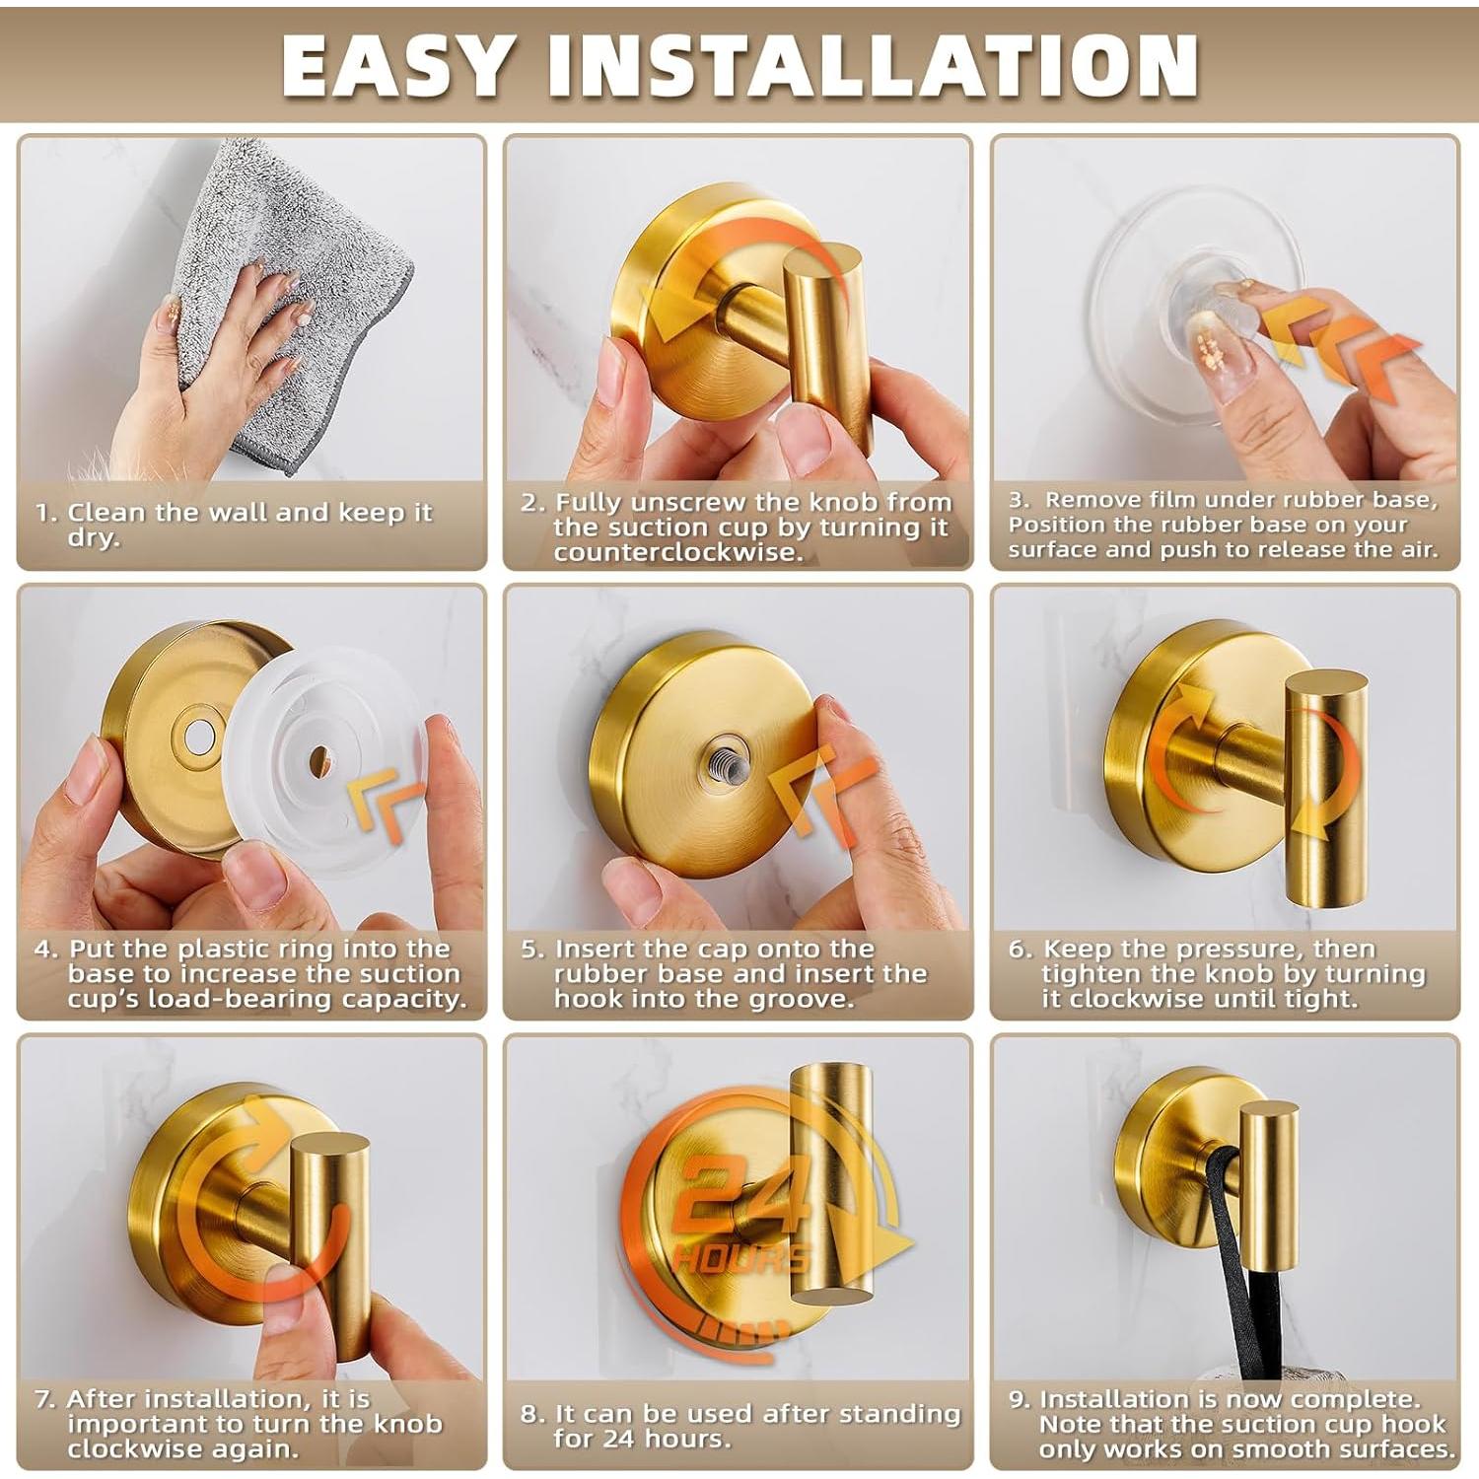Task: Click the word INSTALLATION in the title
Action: (873, 65)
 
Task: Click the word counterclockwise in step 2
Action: (678, 552)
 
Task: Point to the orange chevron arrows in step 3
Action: (1341, 350)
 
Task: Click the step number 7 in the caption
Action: (44, 1399)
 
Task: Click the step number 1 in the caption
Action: (43, 513)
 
